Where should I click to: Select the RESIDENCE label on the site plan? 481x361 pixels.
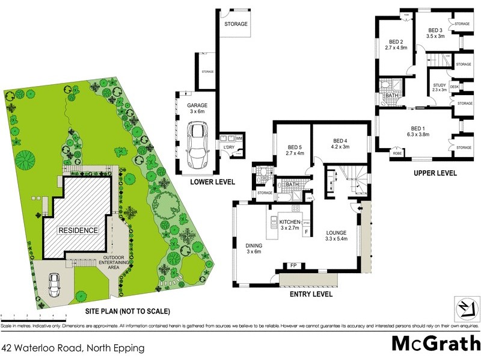77,230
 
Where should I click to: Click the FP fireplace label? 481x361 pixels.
293,265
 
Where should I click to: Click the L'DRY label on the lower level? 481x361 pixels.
228,147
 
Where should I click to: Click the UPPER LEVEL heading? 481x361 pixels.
435,173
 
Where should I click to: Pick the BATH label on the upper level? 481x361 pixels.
392,96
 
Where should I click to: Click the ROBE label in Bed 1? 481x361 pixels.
397,153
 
